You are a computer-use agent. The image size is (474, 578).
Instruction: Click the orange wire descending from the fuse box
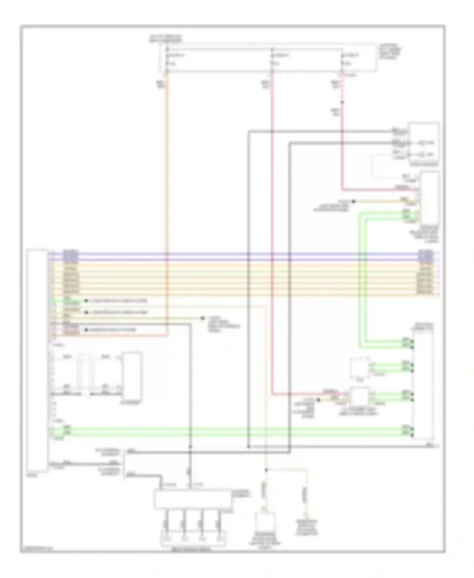pos(167,190)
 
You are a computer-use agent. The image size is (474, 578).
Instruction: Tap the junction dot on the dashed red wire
pos(342,102)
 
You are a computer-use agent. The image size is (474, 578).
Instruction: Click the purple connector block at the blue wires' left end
pos(70,256)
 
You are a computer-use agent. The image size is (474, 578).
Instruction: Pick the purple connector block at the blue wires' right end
pos(425,256)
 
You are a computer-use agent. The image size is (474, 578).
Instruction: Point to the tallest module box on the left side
pos(38,360)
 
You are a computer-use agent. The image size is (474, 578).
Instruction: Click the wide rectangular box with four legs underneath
pos(193,500)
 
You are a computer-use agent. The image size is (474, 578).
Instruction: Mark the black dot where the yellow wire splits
pos(266,470)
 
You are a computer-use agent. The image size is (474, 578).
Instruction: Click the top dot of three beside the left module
pos(86,301)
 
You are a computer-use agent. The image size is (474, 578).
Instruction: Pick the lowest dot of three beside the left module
pos(86,330)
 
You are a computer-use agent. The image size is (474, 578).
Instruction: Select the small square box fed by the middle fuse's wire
pos(360,397)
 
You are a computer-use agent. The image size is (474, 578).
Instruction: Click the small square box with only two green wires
pos(359,367)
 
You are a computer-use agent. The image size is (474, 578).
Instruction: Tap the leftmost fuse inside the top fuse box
pos(167,59)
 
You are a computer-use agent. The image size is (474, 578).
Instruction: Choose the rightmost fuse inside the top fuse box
pos(342,59)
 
